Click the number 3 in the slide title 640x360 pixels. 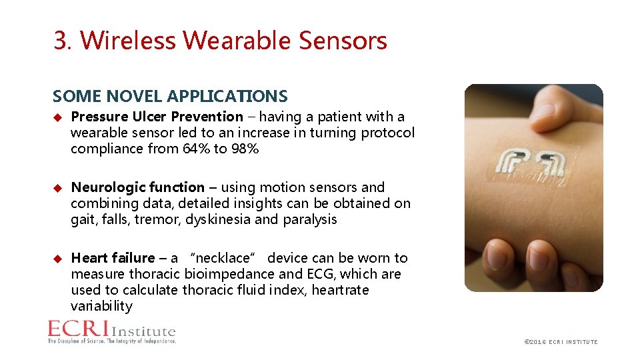tap(61, 41)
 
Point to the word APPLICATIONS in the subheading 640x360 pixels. tap(227, 97)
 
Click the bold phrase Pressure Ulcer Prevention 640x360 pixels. tap(157, 117)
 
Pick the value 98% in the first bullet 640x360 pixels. tap(244, 149)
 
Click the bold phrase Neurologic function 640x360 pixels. tap(137, 187)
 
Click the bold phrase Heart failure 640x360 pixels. tap(112, 258)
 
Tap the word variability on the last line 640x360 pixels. tap(101, 306)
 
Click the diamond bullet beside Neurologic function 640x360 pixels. tap(57, 187)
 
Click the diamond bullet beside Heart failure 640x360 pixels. tap(57, 258)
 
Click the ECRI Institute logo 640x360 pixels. tap(111, 332)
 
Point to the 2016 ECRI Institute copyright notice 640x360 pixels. tap(561, 342)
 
